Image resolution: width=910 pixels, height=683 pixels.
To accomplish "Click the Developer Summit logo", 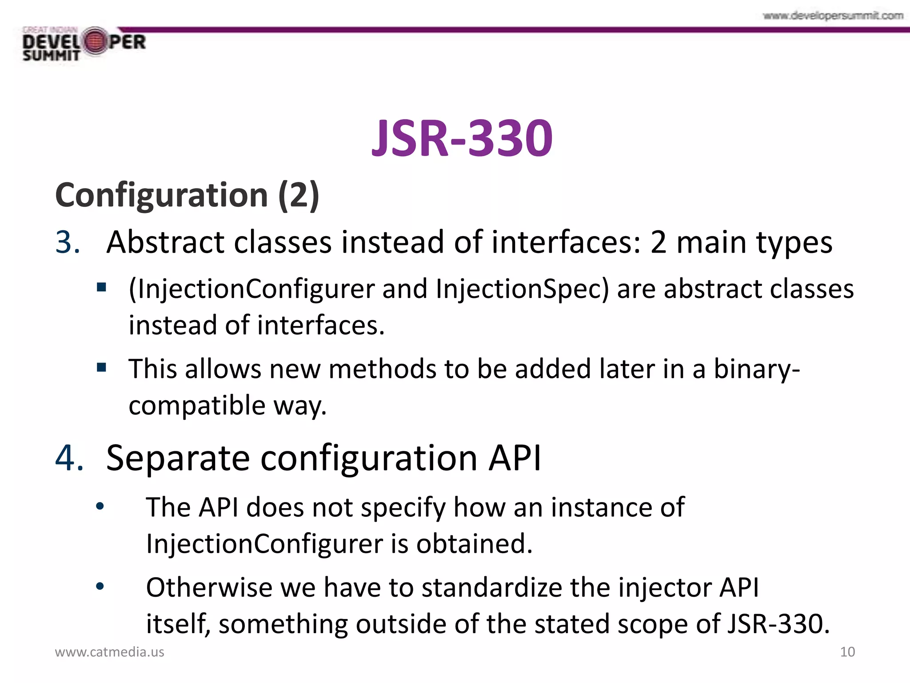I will click(x=84, y=44).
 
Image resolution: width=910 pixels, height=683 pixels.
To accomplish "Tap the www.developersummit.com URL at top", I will click(x=833, y=16).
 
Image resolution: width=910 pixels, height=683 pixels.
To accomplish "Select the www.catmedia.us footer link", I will click(x=109, y=652).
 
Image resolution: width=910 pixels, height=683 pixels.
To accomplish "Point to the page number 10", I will click(x=847, y=652).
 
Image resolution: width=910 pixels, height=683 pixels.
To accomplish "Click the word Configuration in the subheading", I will click(x=161, y=196).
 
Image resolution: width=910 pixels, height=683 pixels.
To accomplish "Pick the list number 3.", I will click(x=68, y=243).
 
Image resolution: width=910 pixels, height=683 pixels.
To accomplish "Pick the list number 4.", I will click(x=69, y=458).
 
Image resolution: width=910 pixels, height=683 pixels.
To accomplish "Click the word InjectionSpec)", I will click(x=522, y=289).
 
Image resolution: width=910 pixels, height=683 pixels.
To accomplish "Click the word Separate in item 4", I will click(x=178, y=458).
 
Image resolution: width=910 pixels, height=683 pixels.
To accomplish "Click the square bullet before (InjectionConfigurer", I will click(x=102, y=287).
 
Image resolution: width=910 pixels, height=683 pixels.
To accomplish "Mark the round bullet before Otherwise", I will click(x=100, y=587).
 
